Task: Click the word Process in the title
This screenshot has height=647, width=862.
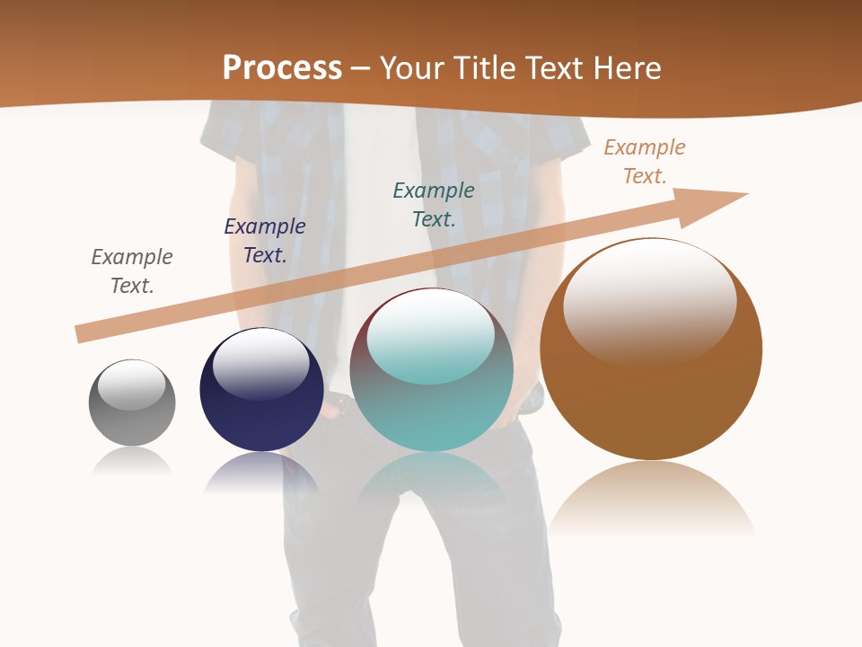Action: pyautogui.click(x=282, y=68)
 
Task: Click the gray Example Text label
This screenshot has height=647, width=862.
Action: pyautogui.click(x=132, y=271)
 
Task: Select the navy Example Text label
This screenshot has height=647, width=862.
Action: pyautogui.click(x=265, y=241)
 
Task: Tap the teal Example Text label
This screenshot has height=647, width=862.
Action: pyautogui.click(x=434, y=205)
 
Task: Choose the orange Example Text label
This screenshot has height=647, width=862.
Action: pyautogui.click(x=645, y=162)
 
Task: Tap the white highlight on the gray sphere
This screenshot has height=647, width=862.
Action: pyautogui.click(x=132, y=384)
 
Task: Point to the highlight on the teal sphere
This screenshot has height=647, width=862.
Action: pyautogui.click(x=431, y=335)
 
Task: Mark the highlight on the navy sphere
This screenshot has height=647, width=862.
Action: pyautogui.click(x=260, y=361)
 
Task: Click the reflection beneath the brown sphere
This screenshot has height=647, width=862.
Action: pyautogui.click(x=651, y=499)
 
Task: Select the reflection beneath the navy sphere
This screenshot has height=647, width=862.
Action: pyautogui.click(x=261, y=473)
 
